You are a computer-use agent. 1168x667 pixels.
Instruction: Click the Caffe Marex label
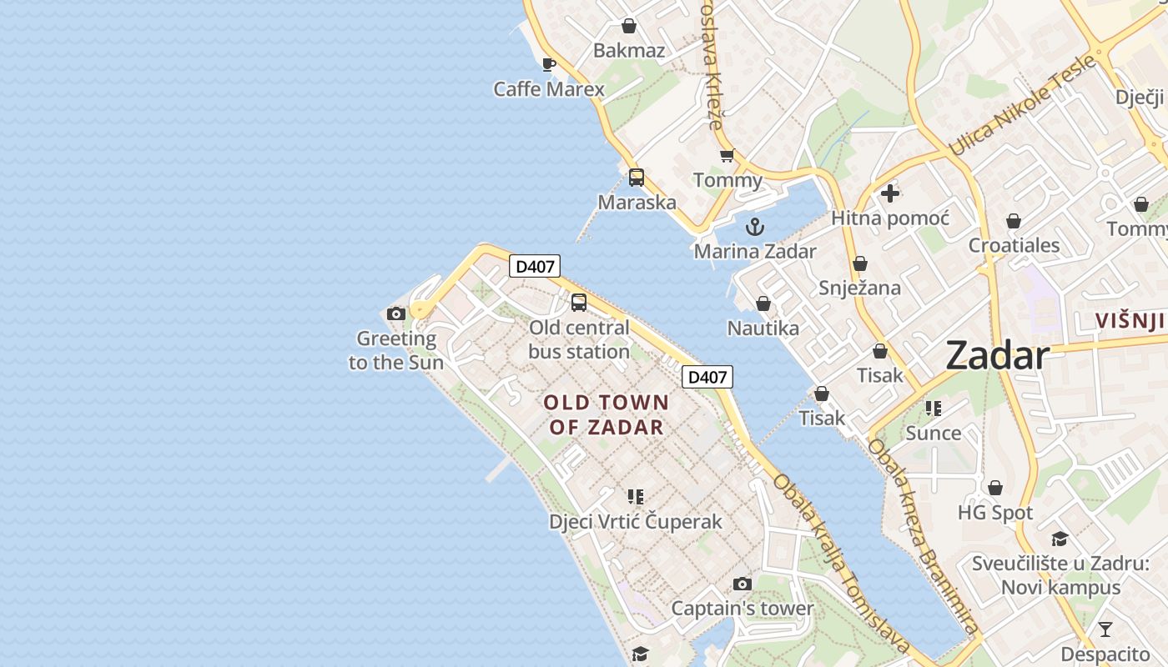tap(548, 88)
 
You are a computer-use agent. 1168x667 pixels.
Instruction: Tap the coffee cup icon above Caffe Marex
tap(548, 64)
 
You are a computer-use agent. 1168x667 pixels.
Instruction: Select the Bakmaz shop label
tap(629, 50)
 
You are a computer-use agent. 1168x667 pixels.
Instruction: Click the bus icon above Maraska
tap(637, 178)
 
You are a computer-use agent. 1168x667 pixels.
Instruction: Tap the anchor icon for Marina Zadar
tap(754, 227)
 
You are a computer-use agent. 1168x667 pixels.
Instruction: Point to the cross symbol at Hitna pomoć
tap(890, 193)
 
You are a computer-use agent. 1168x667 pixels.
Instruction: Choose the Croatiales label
tap(1014, 245)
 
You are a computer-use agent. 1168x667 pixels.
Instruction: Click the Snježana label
tap(859, 288)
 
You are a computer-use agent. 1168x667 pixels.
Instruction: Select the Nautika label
tap(763, 328)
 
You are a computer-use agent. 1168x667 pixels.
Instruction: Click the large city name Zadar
tap(997, 356)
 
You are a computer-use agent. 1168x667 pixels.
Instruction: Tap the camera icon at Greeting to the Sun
tap(396, 314)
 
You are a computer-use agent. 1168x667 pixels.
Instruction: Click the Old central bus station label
tap(579, 339)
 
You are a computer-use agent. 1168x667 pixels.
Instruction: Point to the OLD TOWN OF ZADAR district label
tap(607, 414)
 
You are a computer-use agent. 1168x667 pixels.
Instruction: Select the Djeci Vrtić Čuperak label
tap(635, 521)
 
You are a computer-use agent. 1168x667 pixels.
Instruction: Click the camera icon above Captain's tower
tap(742, 584)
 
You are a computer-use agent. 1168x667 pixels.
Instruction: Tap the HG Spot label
tap(994, 512)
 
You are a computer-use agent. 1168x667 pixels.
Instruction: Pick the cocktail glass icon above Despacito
tap(1105, 629)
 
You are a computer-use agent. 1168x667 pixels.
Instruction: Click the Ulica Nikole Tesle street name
tap(1022, 104)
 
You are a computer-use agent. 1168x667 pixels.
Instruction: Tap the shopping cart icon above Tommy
tap(727, 156)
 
